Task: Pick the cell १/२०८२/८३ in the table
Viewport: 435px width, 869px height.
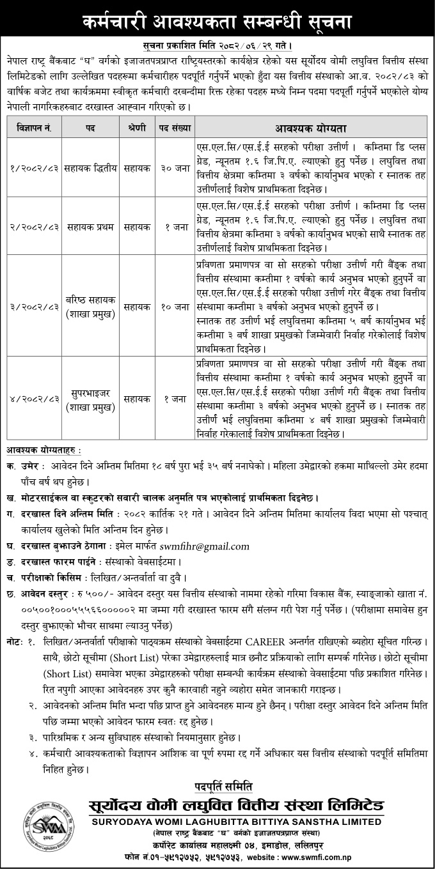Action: [x=36, y=167]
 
